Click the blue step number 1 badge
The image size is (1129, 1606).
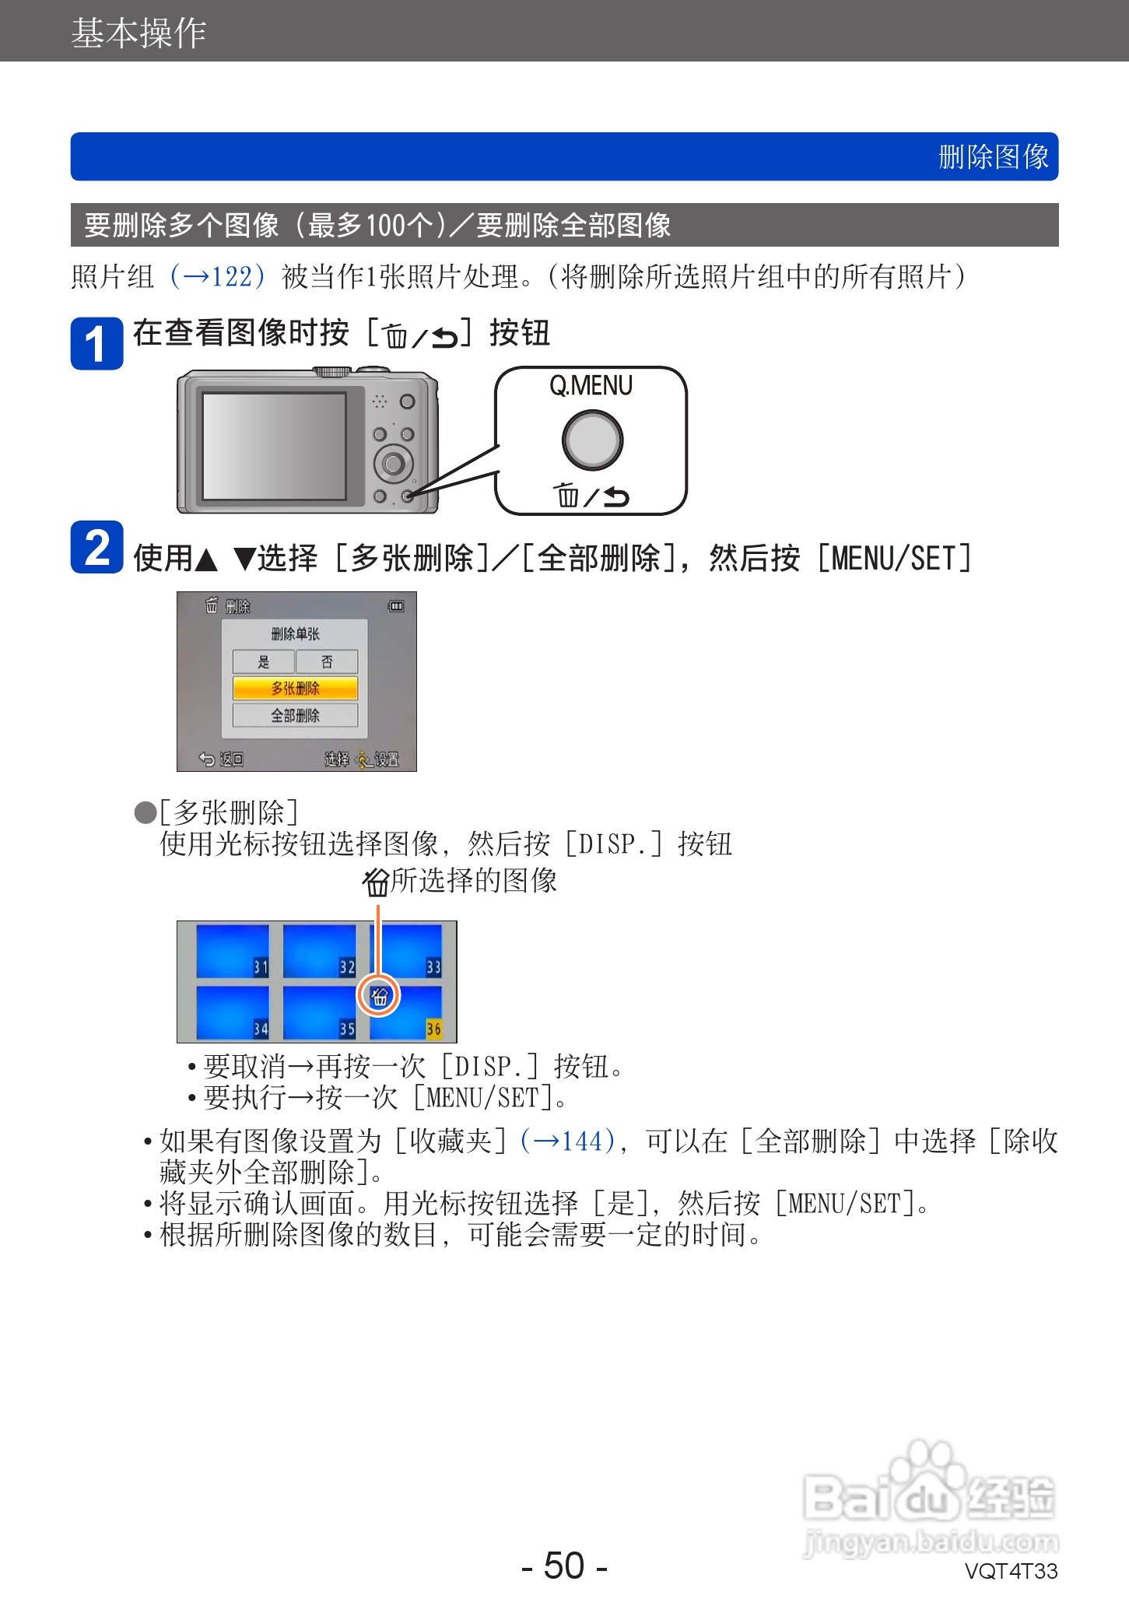96,343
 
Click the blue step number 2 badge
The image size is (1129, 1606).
96,547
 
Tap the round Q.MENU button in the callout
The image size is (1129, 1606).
592,440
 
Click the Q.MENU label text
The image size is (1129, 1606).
591,386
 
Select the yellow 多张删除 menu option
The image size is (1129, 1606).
295,688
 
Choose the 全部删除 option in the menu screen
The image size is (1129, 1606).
295,715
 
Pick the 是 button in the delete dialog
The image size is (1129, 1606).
264,661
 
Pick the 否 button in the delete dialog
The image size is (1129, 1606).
327,661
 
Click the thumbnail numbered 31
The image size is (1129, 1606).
232,951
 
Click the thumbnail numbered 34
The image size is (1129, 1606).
232,1012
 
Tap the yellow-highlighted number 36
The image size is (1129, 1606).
433,1029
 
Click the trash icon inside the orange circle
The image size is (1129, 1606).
379,996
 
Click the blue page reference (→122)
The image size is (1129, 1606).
218,276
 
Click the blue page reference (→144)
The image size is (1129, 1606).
568,1141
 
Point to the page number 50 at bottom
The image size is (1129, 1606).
564,1565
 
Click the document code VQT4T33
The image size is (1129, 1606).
1011,1571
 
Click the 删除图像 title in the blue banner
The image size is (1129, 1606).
993,157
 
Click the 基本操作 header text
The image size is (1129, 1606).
138,33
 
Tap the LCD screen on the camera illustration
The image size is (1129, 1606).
274,446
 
